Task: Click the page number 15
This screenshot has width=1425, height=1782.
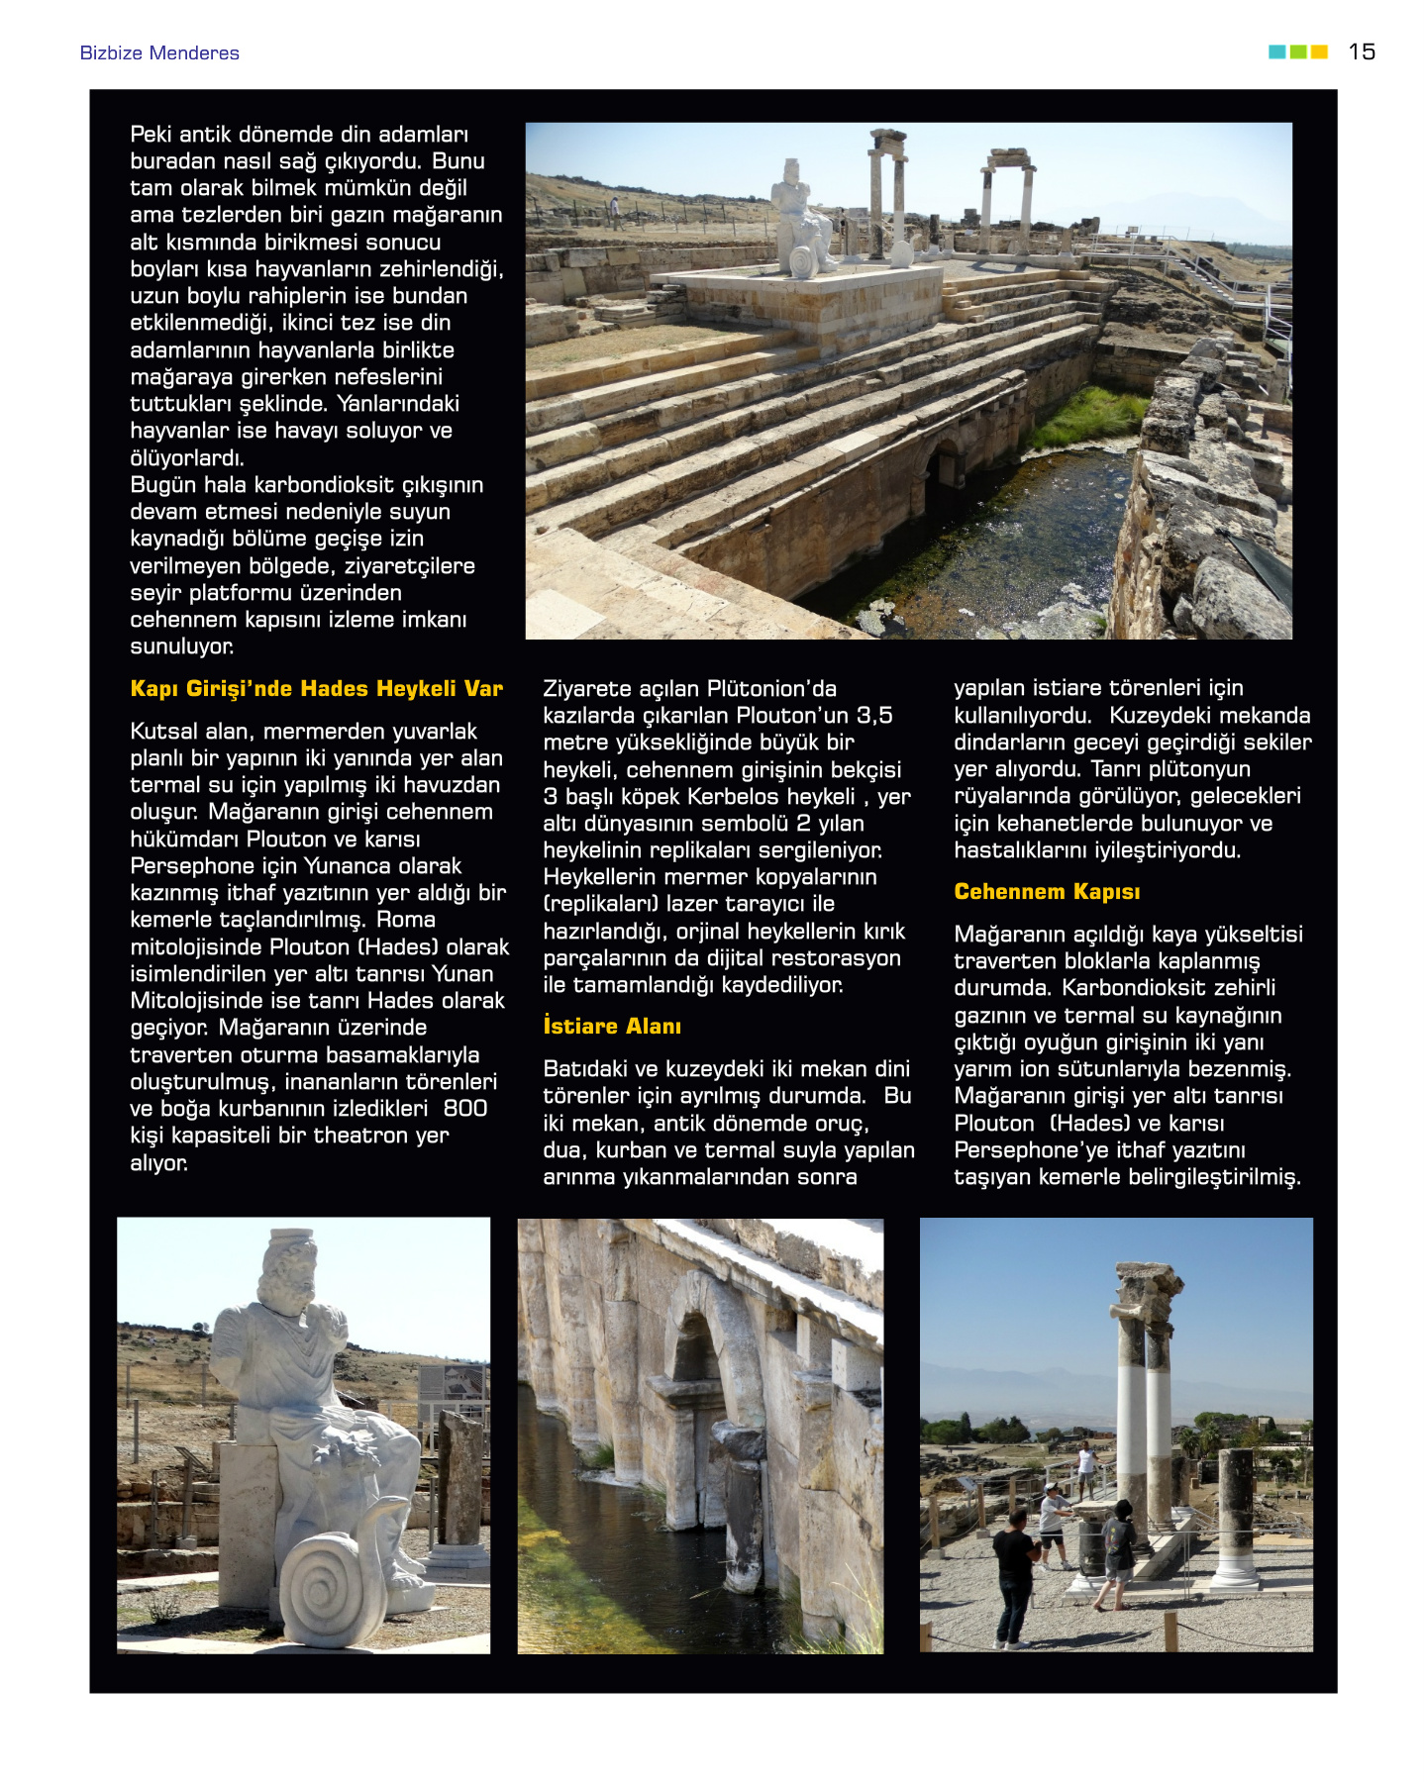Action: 1362,51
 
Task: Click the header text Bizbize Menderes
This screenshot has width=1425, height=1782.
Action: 159,53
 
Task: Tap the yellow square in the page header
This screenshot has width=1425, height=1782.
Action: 1319,51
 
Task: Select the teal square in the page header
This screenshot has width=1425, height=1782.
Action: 1276,51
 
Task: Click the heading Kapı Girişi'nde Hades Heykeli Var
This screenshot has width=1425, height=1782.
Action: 317,689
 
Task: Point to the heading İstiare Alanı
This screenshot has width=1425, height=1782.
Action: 612,1027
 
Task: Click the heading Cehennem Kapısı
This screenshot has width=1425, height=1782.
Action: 1047,892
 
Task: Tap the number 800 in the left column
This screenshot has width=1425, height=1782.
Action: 464,1109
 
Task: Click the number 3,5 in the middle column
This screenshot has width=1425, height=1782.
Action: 874,716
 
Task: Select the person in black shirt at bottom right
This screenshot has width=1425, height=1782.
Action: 1014,1574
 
